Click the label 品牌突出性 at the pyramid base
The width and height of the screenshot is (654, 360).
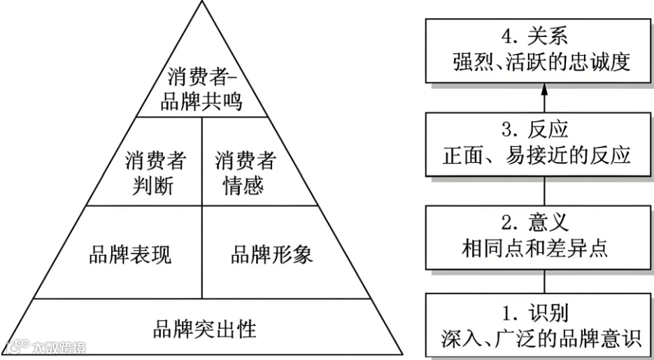click(x=204, y=329)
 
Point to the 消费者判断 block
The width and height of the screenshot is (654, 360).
click(x=155, y=174)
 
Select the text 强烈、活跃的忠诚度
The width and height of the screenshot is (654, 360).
click(x=543, y=62)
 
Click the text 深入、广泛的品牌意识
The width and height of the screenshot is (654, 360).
click(x=543, y=338)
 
